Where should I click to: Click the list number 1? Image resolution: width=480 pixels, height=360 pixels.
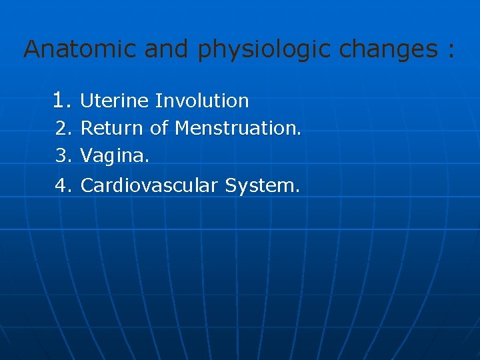click(61, 101)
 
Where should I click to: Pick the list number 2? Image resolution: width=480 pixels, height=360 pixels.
click(63, 128)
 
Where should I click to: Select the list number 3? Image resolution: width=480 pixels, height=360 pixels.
click(63, 156)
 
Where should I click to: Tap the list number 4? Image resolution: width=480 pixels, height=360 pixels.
click(63, 185)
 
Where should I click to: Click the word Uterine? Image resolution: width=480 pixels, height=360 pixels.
click(115, 101)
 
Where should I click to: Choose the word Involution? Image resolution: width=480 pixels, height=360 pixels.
click(202, 101)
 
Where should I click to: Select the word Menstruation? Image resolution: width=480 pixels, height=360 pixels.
click(238, 128)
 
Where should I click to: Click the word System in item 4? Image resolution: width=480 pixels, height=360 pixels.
click(262, 185)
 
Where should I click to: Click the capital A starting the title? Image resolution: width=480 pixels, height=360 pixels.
click(32, 49)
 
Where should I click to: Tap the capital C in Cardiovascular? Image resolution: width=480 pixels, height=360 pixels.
click(86, 185)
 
